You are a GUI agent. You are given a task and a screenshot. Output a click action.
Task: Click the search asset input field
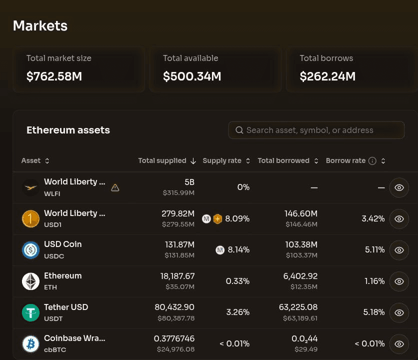coord(316,130)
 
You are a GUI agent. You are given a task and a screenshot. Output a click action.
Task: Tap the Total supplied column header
coord(162,160)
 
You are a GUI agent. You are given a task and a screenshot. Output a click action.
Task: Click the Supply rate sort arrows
coord(248,161)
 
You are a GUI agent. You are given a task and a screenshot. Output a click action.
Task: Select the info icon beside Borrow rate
coord(372,161)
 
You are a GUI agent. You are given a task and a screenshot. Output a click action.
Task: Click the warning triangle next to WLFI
coord(115,187)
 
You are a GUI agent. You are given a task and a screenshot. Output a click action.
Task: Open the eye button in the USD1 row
coord(399,219)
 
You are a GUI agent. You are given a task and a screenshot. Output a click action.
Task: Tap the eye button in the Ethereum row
coord(399,281)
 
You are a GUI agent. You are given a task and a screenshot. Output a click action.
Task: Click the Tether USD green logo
coord(30,312)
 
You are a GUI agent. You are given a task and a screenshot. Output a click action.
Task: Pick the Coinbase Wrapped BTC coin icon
coord(30,343)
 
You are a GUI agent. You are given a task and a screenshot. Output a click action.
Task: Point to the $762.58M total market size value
coord(54,76)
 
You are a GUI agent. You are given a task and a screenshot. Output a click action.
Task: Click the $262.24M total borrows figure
coord(327,76)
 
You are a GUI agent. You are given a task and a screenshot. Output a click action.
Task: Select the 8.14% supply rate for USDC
coord(238,249)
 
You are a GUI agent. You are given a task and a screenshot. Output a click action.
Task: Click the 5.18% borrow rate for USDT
coord(374,312)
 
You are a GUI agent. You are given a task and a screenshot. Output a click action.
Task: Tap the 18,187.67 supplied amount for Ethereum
coord(177,276)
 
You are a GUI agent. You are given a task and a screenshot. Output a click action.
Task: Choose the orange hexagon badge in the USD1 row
coord(217,219)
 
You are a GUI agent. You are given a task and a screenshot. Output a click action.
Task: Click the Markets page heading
coord(40,26)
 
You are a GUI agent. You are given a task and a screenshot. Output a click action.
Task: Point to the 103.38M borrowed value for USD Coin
coord(301,244)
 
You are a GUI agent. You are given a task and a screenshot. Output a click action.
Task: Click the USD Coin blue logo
coord(30,250)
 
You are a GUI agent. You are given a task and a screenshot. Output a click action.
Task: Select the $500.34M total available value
coord(192,76)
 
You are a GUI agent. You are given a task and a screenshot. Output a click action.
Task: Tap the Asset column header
coord(31,160)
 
